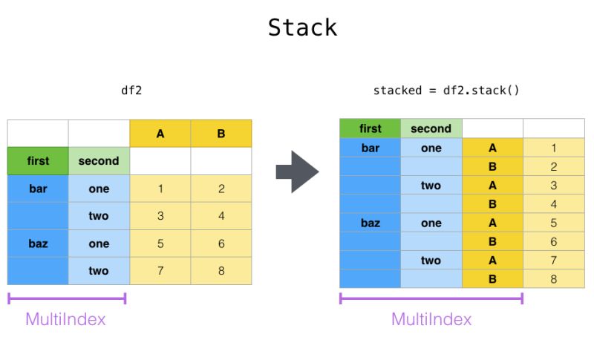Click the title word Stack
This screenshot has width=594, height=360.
(302, 27)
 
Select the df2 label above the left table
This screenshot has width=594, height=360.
(131, 91)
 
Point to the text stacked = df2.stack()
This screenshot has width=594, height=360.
(446, 91)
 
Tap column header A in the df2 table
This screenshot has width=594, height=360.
(160, 134)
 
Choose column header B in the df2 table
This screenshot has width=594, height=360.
(221, 134)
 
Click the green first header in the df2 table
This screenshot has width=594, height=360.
(38, 161)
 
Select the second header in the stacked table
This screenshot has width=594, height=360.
(431, 128)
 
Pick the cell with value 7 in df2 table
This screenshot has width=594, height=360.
(160, 271)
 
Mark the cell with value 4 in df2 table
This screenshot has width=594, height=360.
(221, 216)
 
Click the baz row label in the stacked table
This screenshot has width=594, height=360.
(370, 223)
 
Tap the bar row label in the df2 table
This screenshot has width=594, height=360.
(38, 189)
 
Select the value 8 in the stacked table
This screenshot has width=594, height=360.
(553, 279)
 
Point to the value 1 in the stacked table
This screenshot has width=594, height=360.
(553, 148)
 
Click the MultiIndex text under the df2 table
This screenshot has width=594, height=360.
(65, 319)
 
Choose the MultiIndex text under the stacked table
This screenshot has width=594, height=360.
(431, 319)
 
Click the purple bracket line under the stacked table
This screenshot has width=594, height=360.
(431, 298)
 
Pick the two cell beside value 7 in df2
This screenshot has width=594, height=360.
(99, 271)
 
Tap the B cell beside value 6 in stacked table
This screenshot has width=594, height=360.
(492, 241)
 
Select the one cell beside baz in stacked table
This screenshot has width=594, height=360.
(431, 223)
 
